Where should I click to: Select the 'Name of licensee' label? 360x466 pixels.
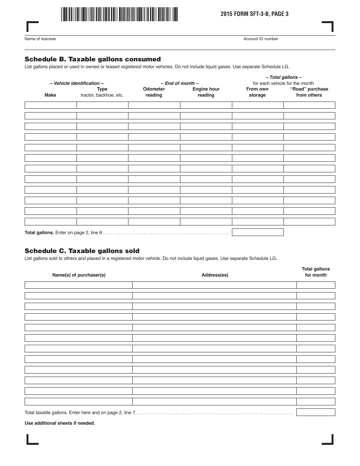tap(40, 39)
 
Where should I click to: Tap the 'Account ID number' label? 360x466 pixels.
tap(261, 39)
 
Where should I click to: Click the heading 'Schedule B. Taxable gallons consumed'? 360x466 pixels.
tap(92, 59)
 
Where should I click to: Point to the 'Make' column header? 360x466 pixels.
tap(50, 95)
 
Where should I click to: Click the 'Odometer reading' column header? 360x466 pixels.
tap(154, 92)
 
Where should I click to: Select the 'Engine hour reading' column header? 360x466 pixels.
tap(206, 92)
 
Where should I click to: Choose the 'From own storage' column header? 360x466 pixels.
tap(257, 92)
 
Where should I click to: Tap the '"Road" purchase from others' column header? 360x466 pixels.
tap(309, 92)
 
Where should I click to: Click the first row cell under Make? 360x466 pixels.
tap(51, 105)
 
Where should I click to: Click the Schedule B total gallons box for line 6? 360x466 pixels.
tap(258, 232)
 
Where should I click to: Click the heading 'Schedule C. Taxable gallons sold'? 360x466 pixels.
tap(82, 251)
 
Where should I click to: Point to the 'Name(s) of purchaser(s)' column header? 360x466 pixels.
tap(79, 275)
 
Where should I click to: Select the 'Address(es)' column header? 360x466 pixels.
tap(215, 275)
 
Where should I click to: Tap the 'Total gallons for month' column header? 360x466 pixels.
tap(316, 272)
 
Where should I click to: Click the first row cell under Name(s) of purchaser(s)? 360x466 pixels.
tap(78, 285)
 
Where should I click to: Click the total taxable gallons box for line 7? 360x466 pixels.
tap(316, 412)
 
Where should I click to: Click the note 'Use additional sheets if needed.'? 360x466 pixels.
tap(60, 423)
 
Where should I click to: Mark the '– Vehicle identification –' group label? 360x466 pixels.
tap(77, 83)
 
